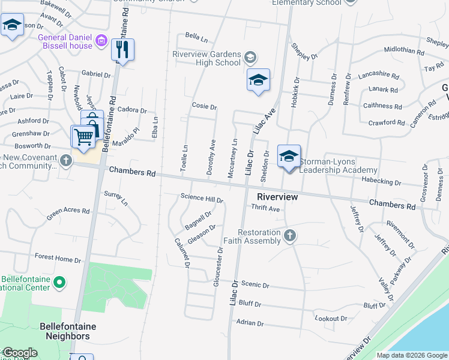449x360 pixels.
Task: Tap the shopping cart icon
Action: click(x=83, y=137)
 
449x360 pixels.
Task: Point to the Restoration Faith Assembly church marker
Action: click(x=290, y=235)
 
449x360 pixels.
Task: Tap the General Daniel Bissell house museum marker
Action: click(x=101, y=41)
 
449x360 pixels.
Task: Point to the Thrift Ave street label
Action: click(x=266, y=209)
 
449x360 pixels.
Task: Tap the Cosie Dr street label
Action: click(x=204, y=106)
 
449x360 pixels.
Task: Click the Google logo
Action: click(x=19, y=353)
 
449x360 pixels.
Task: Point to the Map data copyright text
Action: click(x=411, y=355)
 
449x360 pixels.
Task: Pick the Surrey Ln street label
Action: click(x=116, y=198)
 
